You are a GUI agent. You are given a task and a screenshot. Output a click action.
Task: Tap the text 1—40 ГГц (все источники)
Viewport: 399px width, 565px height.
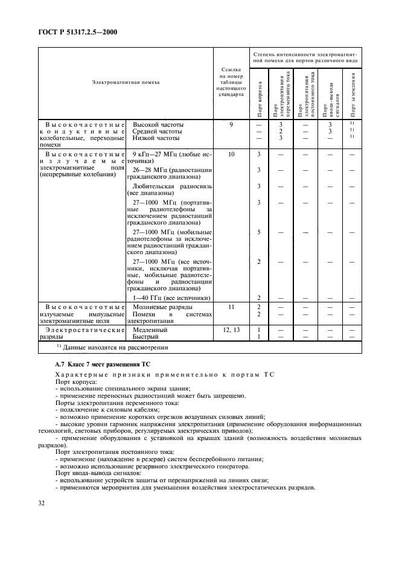point(171,298)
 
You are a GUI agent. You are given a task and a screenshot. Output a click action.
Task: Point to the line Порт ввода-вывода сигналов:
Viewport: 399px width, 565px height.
point(98,473)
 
